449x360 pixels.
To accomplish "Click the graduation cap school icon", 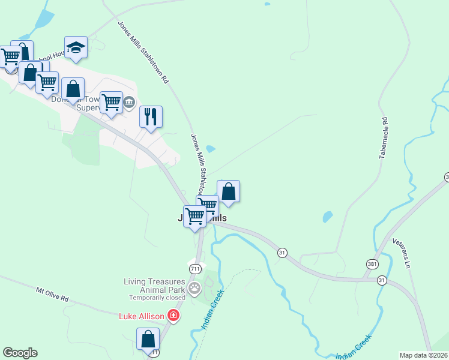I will (x=76, y=47).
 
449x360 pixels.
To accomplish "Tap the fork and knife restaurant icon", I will (x=151, y=115).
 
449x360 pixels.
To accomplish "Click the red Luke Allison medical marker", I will (x=173, y=315).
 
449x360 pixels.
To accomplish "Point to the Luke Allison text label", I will (x=142, y=316).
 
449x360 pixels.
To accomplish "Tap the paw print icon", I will (x=194, y=289).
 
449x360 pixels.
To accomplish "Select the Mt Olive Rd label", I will (x=52, y=294).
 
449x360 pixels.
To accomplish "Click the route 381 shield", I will (x=372, y=264).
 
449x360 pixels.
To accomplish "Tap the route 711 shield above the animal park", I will (x=194, y=268).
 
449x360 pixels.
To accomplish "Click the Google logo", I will (x=20, y=353).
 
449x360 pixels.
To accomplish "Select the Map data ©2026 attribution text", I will (x=423, y=355).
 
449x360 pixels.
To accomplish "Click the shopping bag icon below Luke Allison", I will (x=148, y=339).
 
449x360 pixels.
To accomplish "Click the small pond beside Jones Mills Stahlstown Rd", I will (x=210, y=149).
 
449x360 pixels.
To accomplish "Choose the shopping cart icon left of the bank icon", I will (x=111, y=103).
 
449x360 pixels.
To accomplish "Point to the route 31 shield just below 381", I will (x=382, y=280).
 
